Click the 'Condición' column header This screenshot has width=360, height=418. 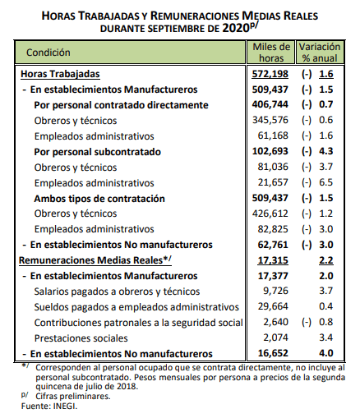coord(48,53)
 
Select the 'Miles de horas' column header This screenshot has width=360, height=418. coord(271,53)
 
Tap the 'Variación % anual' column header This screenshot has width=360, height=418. coord(320,53)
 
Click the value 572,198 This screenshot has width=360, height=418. coord(270,74)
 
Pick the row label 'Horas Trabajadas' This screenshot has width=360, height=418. coord(60,74)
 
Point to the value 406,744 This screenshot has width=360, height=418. coord(270,104)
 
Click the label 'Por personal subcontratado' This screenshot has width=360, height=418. coord(97,152)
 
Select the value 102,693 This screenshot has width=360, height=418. coord(270,151)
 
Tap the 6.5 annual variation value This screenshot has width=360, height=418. coord(326,182)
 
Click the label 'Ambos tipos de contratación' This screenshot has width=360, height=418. coord(99,199)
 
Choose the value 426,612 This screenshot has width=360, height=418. coord(270,214)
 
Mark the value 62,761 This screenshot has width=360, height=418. coord(273,245)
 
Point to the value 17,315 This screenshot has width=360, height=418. coord(273,260)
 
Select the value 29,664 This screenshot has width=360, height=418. coord(273,306)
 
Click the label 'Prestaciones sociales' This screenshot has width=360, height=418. coord(81,338)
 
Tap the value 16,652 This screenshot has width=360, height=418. coord(273,353)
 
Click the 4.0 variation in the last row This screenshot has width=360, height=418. coord(326,353)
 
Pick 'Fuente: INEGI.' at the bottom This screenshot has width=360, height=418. coord(49,406)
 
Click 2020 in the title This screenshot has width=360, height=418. coord(236,28)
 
